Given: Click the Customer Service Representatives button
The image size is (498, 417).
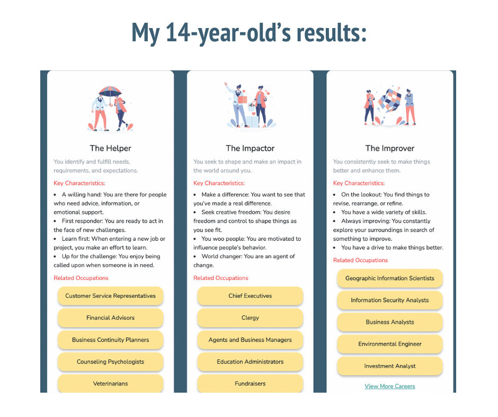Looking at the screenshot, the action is [x=111, y=296].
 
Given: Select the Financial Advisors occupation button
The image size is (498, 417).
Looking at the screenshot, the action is [x=111, y=318].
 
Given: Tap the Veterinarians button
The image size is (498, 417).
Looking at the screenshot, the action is [x=111, y=383].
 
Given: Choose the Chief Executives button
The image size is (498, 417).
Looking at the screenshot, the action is [x=250, y=296].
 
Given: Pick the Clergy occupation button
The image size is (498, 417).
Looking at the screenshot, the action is [x=250, y=318].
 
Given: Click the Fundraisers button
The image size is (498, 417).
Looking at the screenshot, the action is [x=250, y=383].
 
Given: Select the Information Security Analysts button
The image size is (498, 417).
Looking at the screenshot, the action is [x=390, y=300].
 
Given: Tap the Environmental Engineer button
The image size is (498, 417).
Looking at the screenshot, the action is [x=390, y=344].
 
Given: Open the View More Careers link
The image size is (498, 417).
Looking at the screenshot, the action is [x=390, y=386].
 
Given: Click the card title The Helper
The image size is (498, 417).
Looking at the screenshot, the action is [x=111, y=148].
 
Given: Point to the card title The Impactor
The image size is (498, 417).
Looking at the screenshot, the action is [x=250, y=148].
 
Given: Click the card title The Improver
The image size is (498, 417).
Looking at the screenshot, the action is [x=390, y=148].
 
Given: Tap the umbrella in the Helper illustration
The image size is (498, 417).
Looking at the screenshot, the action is [x=110, y=93].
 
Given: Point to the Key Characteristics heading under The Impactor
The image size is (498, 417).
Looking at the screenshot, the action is [x=219, y=183].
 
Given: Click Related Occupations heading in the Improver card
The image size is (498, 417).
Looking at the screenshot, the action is [x=360, y=260].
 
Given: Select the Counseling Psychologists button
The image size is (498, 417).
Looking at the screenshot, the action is [x=111, y=361].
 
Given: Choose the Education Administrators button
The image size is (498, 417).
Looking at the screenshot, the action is [x=250, y=361].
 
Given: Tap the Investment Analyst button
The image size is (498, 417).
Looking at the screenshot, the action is [x=390, y=366].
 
